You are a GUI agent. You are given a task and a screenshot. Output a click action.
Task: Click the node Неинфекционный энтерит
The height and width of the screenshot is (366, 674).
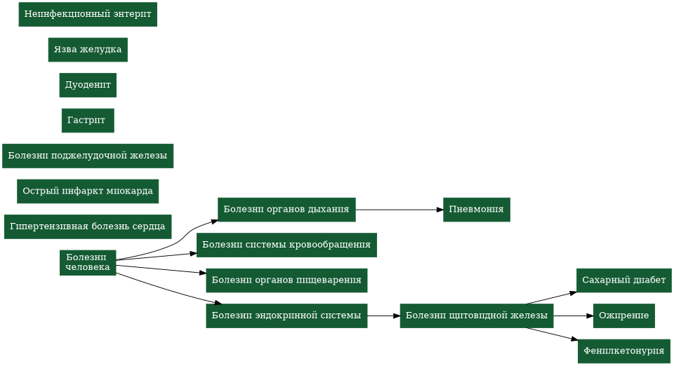88,15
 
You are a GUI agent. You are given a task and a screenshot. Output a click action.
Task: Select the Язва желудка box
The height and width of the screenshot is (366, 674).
88,50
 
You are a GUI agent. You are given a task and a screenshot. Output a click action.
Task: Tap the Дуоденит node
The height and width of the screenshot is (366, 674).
88,85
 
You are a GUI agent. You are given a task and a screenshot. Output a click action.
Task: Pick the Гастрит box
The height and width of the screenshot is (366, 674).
88,121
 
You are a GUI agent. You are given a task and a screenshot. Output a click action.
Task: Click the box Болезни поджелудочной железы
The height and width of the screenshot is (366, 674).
88,156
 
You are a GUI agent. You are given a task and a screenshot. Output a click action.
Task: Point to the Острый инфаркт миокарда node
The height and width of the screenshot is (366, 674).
88,191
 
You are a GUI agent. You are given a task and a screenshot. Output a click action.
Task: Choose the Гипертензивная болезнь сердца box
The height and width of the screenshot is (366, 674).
88,226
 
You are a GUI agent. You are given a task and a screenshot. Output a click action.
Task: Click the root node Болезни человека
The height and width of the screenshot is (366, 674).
88,262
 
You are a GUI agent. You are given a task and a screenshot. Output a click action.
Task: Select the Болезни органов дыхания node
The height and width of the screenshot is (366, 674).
286,210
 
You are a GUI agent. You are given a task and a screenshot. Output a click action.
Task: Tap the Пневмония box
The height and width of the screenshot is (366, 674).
477,210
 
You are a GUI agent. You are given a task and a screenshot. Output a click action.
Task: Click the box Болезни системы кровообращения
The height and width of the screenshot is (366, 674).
286,245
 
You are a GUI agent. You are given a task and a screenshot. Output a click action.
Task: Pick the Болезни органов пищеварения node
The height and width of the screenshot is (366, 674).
286,280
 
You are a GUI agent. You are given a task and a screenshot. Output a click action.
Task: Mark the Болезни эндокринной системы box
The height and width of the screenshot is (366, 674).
286,316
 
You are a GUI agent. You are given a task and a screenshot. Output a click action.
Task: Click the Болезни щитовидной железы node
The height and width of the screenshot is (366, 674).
477,316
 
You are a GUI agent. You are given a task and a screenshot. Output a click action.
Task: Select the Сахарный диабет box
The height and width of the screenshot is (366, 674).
623,280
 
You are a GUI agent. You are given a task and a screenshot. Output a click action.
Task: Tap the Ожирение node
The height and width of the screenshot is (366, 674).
623,316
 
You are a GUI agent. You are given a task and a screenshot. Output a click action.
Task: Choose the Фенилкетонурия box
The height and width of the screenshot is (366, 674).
623,351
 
